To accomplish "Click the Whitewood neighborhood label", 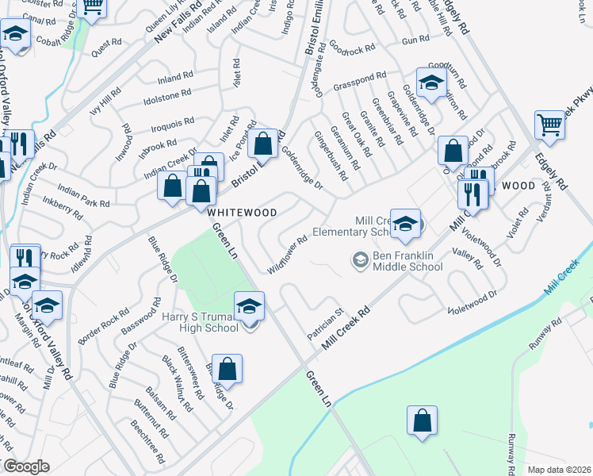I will tap(242, 213).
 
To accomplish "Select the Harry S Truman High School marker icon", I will tap(249, 306).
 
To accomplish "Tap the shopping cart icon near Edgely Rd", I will tap(549, 124).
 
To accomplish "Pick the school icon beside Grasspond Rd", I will tap(431, 83).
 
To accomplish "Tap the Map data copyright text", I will tap(560, 470).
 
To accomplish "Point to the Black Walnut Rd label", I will tap(178, 383).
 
